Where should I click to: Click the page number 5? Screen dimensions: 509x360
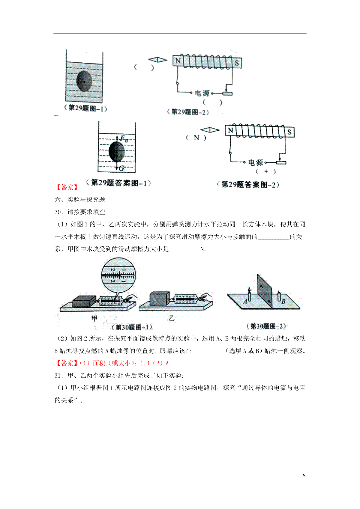click(x=304, y=476)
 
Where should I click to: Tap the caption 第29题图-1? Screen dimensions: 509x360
click(x=85, y=108)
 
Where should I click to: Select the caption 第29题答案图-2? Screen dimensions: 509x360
click(x=248, y=185)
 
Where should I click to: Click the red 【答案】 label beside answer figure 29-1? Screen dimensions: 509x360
click(x=67, y=187)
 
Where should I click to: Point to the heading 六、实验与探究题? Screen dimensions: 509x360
click(x=80, y=200)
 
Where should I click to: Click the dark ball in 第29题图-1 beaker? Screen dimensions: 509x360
click(x=84, y=81)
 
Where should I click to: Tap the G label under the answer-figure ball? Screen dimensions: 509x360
click(x=121, y=168)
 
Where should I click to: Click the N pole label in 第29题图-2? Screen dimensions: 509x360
click(x=178, y=61)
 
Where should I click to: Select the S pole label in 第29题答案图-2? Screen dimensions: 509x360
click(x=289, y=132)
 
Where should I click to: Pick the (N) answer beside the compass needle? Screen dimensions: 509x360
click(x=196, y=138)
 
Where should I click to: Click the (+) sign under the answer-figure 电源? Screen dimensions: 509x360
click(x=266, y=171)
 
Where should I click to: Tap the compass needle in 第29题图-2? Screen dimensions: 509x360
click(x=157, y=60)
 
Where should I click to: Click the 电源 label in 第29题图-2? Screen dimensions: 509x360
click(x=202, y=93)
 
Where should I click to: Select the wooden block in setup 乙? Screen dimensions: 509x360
click(x=159, y=299)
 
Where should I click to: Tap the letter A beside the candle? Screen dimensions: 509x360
click(x=245, y=301)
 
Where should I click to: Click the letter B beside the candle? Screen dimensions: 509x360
click(x=283, y=302)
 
